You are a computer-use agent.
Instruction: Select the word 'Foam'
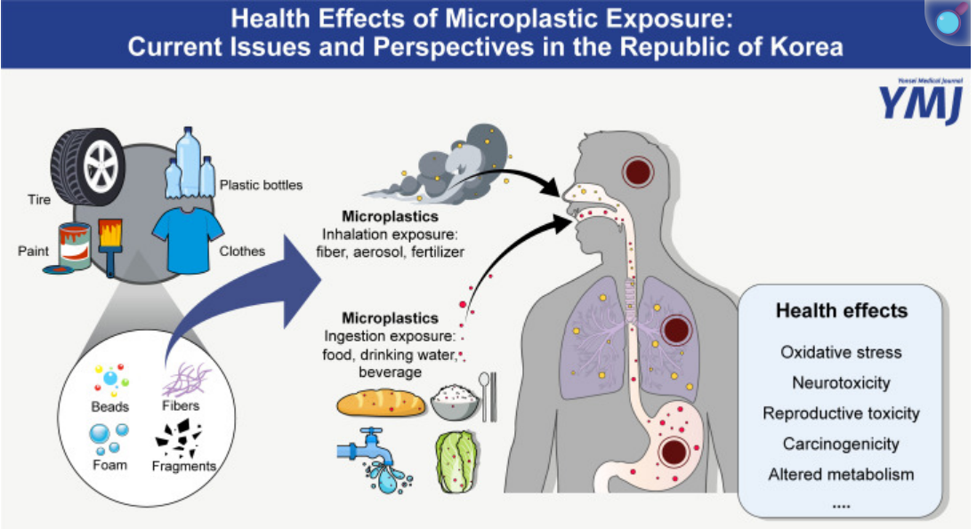pos(109,465)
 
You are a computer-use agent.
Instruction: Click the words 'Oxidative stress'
pos(841,352)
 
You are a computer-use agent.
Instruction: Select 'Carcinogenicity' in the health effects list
pos(841,444)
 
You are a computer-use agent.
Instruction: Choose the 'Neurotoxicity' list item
pos(841,383)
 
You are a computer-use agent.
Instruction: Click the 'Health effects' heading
pos(841,310)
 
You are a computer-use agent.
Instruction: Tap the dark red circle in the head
pos(640,171)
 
